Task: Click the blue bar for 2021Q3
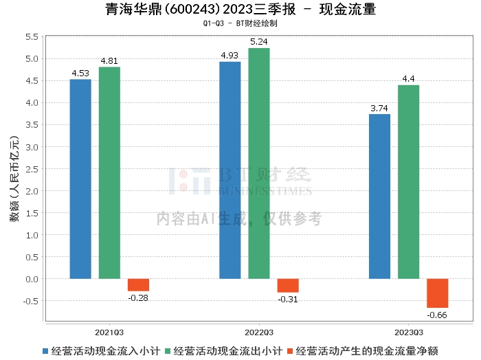tap(80, 179)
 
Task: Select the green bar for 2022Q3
tap(259, 164)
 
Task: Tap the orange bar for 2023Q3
tap(438, 293)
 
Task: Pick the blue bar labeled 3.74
tap(379, 196)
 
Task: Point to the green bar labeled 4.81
tap(109, 173)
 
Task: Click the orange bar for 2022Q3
tap(288, 286)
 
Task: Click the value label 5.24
tap(259, 42)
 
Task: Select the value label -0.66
tap(437, 315)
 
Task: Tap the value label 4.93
tap(230, 56)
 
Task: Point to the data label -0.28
tap(138, 297)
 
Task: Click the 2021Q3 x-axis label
tap(109, 333)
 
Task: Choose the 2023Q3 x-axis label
tap(409, 333)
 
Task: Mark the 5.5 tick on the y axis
tap(32, 37)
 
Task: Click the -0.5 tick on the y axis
tap(31, 301)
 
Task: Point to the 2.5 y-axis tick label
tap(32, 169)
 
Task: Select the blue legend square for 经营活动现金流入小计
tap(45, 351)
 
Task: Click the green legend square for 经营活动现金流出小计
tap(168, 351)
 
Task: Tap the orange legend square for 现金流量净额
tap(290, 351)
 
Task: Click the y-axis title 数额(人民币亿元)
tap(14, 179)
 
